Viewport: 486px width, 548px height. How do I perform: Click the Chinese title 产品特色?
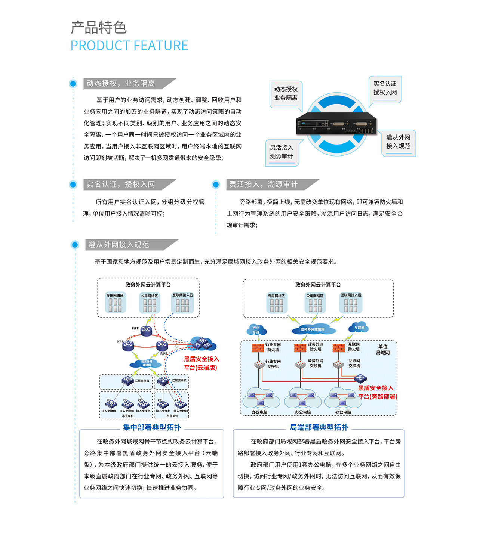coord(99,28)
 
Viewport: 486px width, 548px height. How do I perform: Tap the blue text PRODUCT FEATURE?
coord(129,46)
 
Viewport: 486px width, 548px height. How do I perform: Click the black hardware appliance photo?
coord(336,124)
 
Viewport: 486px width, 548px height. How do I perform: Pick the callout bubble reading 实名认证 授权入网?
coord(385,88)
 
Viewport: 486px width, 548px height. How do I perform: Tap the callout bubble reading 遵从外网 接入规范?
coord(398,142)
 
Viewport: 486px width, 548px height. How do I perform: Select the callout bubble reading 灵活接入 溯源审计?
coord(282,152)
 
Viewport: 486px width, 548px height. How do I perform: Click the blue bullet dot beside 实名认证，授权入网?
coord(73,184)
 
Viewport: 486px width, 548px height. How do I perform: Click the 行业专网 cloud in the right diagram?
coord(256,330)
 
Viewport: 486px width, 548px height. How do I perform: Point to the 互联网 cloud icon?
coord(359,328)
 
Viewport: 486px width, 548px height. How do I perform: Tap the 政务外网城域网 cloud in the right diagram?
coord(313,329)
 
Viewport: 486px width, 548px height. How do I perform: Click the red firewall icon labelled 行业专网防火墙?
coord(258,348)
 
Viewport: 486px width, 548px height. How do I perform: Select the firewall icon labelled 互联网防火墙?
coord(338,347)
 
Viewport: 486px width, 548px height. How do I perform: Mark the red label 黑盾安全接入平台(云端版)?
coord(201,363)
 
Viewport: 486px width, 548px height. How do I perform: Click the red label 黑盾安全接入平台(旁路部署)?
coord(377,392)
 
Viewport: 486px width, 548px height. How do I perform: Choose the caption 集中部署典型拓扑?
coord(152,427)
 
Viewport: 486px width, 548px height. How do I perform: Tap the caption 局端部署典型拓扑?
coord(319,427)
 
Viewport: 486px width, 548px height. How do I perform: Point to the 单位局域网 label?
coord(383,350)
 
